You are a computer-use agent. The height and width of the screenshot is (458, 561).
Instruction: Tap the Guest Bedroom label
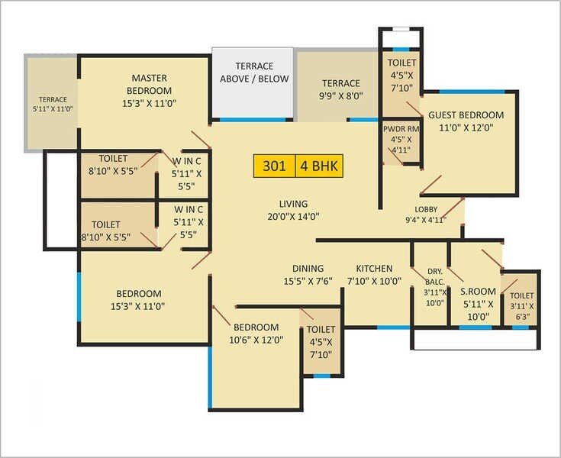coord(466,115)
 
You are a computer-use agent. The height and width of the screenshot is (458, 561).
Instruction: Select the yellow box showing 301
coord(275,166)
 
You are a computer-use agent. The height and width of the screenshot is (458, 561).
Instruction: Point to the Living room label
coord(293,204)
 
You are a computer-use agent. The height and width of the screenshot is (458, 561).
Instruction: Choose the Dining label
coord(308,269)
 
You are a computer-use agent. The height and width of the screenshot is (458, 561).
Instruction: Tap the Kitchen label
coord(374,269)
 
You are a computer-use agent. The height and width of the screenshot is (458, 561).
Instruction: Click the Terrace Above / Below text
coord(253,73)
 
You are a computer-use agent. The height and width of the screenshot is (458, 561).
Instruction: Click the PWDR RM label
coord(401,129)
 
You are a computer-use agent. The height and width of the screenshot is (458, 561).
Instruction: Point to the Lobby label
coord(426,210)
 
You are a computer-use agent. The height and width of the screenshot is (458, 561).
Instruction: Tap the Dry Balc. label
coord(435,276)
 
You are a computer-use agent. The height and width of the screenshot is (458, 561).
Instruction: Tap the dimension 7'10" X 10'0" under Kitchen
coord(374,281)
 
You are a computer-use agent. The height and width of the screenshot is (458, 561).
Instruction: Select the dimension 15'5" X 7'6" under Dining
coord(308,281)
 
